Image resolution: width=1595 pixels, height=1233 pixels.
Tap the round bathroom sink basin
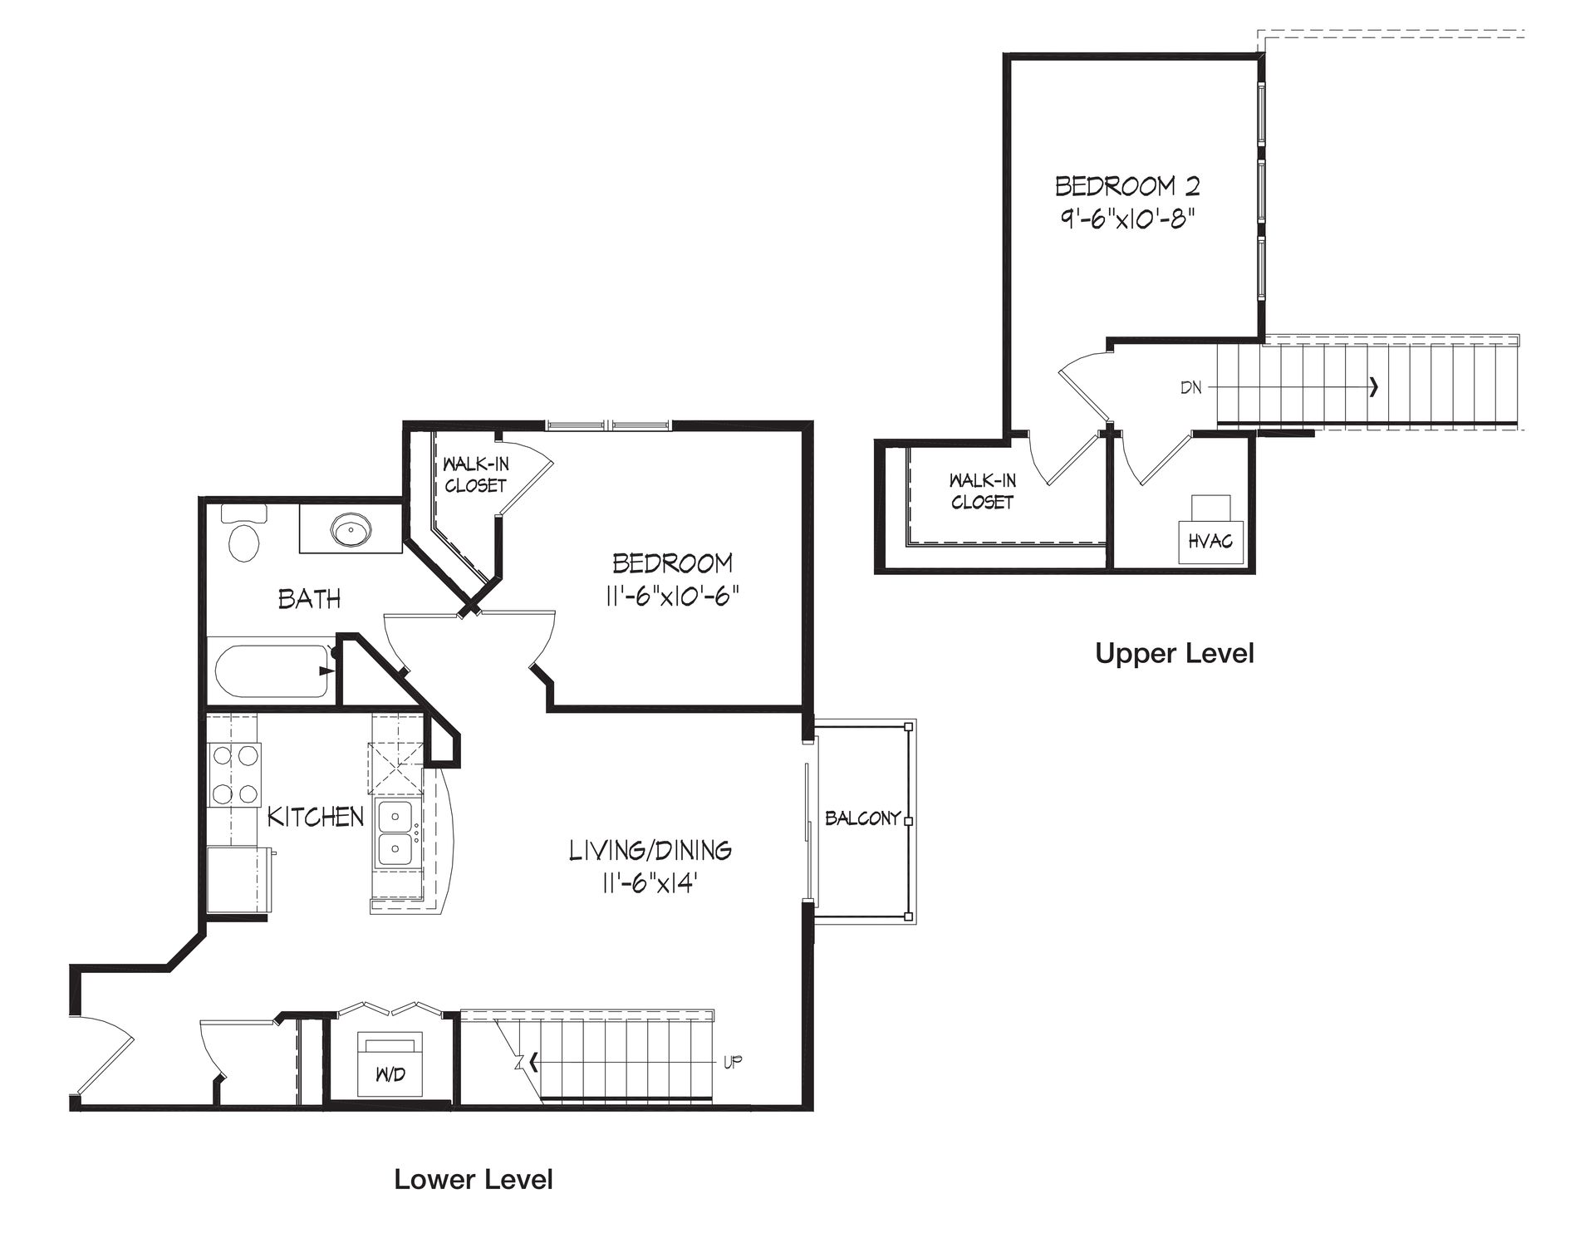[x=351, y=528]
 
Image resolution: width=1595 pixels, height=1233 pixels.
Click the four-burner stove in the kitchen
[x=233, y=774]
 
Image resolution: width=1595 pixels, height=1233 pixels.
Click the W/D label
[x=390, y=1074]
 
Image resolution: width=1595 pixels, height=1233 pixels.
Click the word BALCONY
[x=863, y=818]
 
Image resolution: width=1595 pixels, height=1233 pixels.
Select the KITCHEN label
[x=316, y=817]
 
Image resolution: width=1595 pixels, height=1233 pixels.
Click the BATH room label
[x=309, y=598]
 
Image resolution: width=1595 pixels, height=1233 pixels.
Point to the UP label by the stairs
[x=732, y=1061]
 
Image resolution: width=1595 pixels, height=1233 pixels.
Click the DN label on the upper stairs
[x=1190, y=387]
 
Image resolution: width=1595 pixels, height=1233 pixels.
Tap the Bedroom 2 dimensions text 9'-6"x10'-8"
[x=1128, y=219]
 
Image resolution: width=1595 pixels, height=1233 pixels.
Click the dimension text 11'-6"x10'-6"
[x=672, y=597]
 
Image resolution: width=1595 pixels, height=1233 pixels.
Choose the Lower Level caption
[x=474, y=1179]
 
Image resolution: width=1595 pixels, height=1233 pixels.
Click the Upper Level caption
[x=1175, y=653]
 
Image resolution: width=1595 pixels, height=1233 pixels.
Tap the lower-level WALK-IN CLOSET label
[x=475, y=475]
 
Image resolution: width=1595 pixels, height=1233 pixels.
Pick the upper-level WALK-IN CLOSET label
[x=983, y=491]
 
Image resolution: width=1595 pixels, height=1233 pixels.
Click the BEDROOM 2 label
[x=1127, y=185]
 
